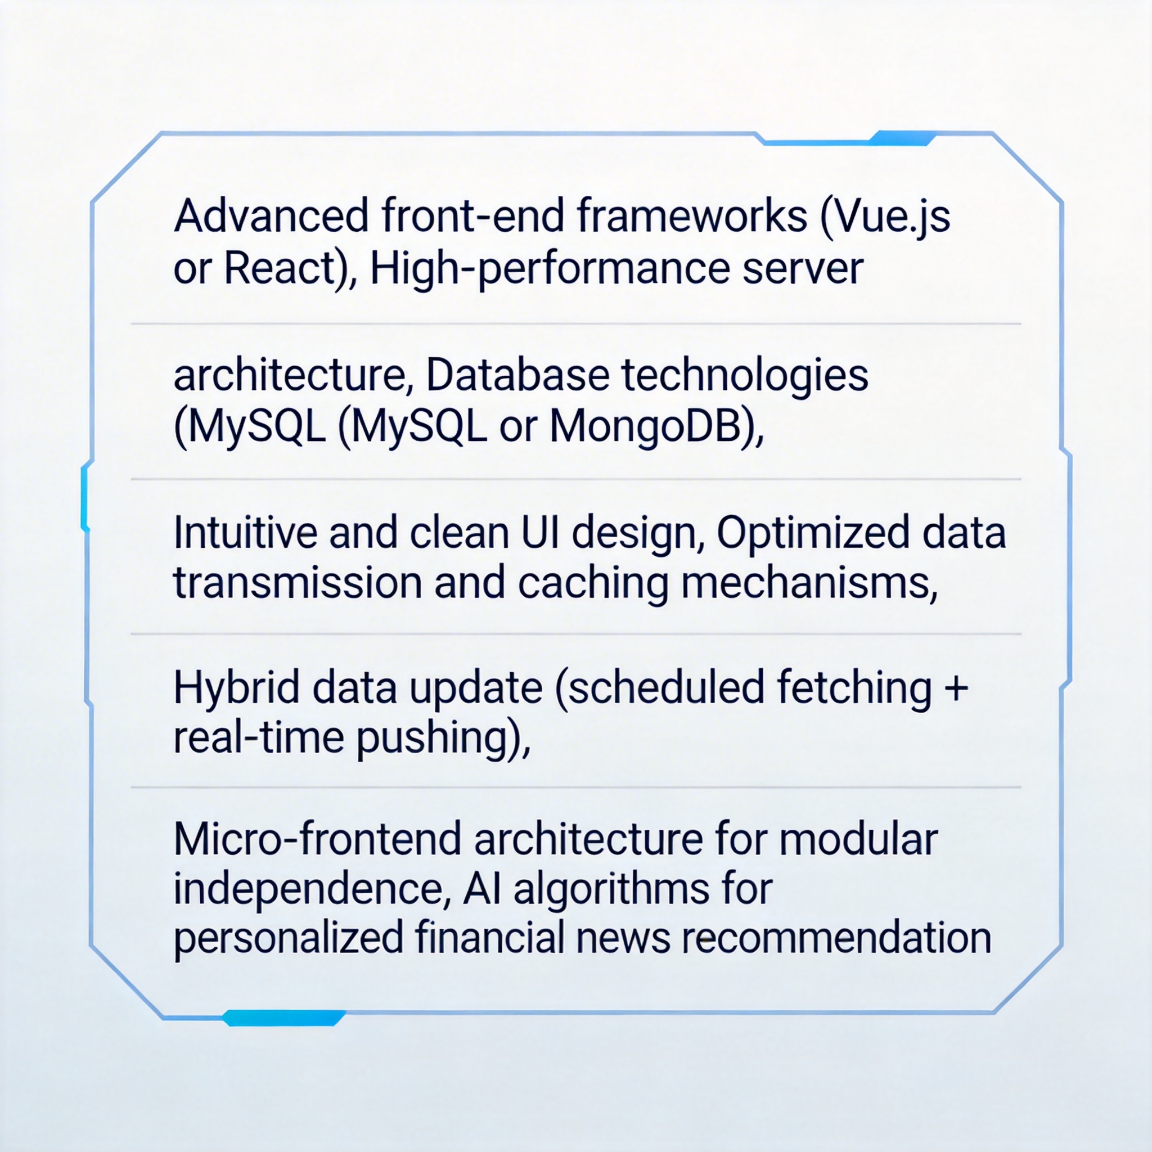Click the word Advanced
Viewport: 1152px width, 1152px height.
click(271, 215)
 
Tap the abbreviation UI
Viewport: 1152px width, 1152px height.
click(540, 533)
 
